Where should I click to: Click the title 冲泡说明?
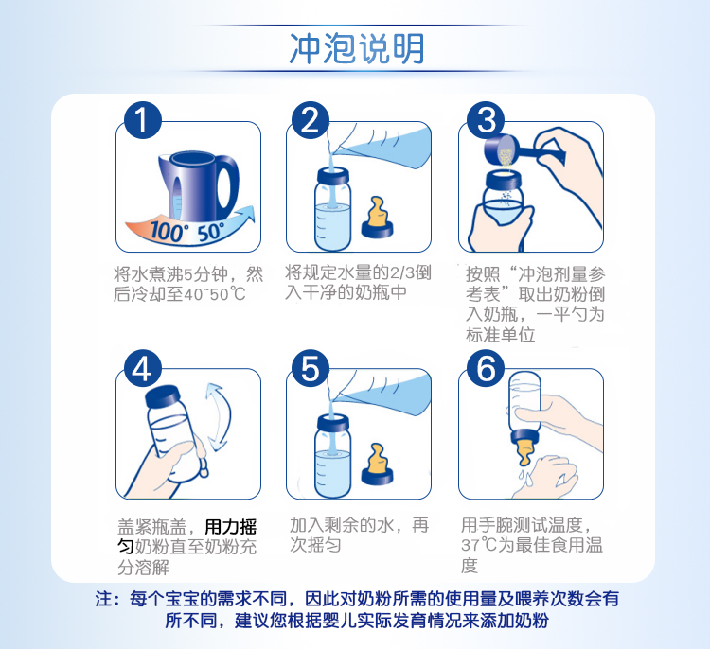pyautogui.click(x=357, y=48)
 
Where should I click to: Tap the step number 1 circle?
pyautogui.click(x=143, y=120)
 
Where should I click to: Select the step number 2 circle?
pyautogui.click(x=311, y=120)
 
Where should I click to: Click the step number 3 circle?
pyautogui.click(x=486, y=120)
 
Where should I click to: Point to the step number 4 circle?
pyautogui.click(x=143, y=368)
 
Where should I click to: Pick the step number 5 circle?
pyautogui.click(x=311, y=368)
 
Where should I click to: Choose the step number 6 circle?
pyautogui.click(x=486, y=368)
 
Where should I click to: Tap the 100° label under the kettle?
pyautogui.click(x=167, y=231)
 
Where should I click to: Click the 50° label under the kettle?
pyautogui.click(x=211, y=232)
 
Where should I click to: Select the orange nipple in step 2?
pyautogui.click(x=377, y=218)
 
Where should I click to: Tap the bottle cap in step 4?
pyautogui.click(x=162, y=396)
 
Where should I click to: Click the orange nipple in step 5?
pyautogui.click(x=377, y=465)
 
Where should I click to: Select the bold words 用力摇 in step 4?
pyautogui.click(x=231, y=527)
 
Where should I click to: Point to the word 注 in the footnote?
pyautogui.click(x=103, y=599)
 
